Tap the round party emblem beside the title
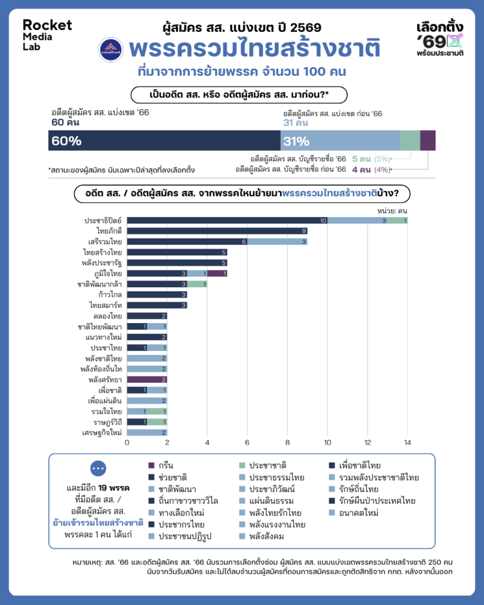tap(108, 50)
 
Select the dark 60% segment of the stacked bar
tap(164, 141)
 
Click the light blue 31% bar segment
tap(340, 141)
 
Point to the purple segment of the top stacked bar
tap(428, 141)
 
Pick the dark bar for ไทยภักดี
tap(217, 231)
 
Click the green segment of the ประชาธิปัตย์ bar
tap(397, 220)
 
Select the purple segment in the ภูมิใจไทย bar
tap(217, 274)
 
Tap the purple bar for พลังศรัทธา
tap(147, 379)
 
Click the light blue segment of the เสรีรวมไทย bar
tap(277, 242)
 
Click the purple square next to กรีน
tap(152, 466)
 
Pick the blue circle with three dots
tap(99, 468)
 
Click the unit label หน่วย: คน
tap(391, 210)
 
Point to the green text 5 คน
tap(360, 159)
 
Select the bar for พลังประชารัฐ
tap(177, 263)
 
